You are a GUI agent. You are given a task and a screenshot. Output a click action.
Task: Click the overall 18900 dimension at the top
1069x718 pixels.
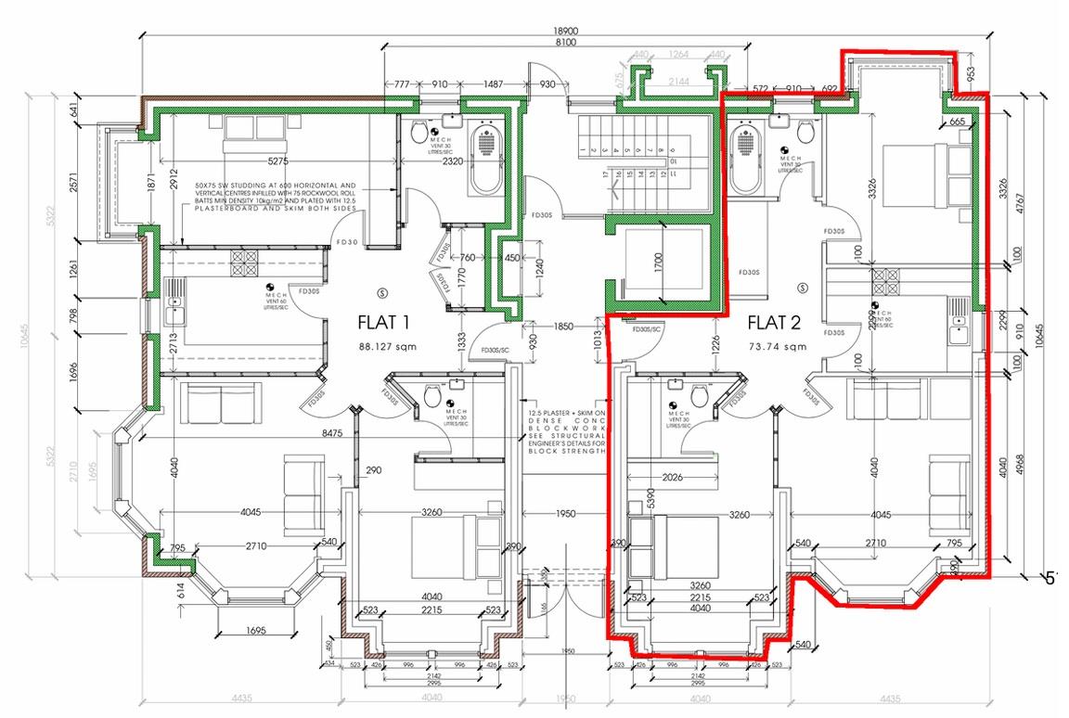(565, 31)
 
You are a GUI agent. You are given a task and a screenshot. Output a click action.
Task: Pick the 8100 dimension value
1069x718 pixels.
(565, 44)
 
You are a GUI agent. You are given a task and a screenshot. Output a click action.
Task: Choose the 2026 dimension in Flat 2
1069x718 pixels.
(673, 479)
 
